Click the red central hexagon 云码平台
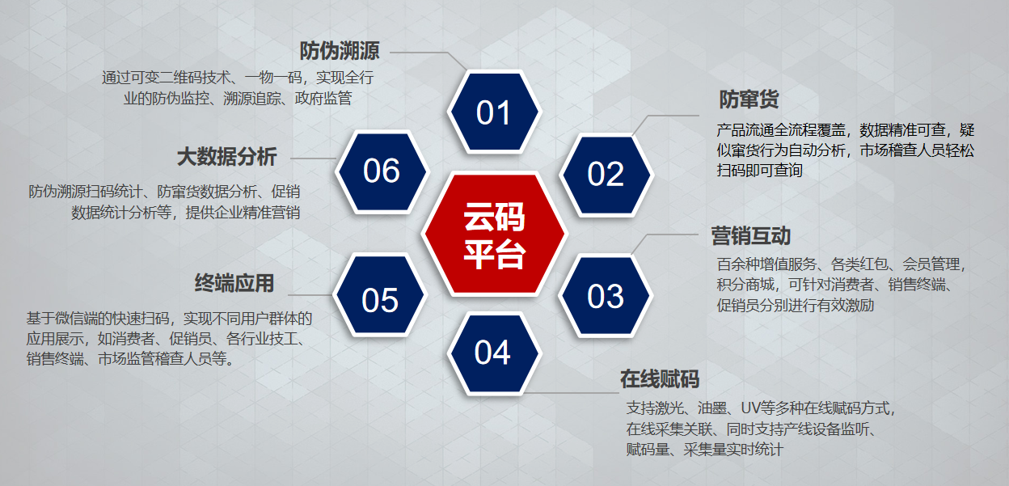(494, 235)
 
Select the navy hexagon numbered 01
(494, 113)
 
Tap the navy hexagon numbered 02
(606, 174)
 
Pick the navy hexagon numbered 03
(606, 297)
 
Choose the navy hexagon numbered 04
(493, 353)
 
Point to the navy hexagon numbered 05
(380, 300)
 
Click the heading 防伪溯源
(340, 52)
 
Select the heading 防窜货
(749, 99)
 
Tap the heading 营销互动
(750, 236)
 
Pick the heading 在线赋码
(659, 379)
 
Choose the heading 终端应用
(234, 283)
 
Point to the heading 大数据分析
(226, 156)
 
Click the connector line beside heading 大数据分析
(312, 157)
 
